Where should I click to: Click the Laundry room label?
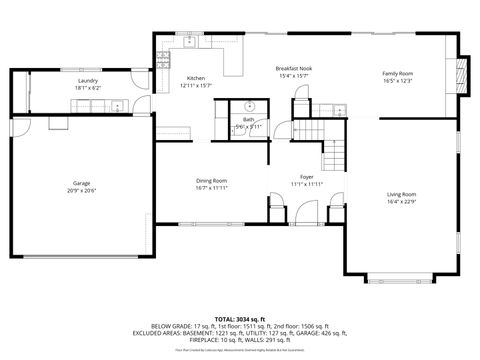point(88,81)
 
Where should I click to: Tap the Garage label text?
point(81,183)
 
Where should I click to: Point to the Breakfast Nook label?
point(293,68)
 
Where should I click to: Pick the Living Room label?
point(402,194)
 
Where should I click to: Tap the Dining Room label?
point(211,180)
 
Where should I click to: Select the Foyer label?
point(307,177)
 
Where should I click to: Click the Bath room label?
point(247,119)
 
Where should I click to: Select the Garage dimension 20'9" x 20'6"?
point(81,191)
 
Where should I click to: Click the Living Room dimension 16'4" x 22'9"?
point(402,202)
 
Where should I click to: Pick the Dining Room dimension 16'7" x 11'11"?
point(211,188)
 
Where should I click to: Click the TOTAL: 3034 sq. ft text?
point(240,318)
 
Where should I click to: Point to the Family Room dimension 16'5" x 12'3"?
point(397,81)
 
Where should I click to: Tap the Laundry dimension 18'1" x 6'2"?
point(88,88)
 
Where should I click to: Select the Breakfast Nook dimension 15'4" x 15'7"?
point(293,76)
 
